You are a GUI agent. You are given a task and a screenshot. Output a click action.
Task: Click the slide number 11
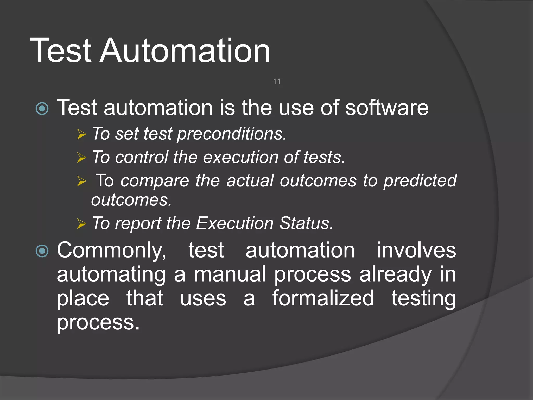(x=277, y=82)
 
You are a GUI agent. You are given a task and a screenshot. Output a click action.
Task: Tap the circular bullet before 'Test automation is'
(x=42, y=109)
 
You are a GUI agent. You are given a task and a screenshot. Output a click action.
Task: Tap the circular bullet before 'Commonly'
(x=42, y=251)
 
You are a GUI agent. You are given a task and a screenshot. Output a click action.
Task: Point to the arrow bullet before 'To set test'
(x=81, y=134)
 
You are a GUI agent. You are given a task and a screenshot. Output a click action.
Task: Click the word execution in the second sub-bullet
(x=241, y=157)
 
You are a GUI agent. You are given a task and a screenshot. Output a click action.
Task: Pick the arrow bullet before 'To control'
(x=81, y=158)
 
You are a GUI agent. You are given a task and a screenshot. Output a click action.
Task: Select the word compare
(x=155, y=181)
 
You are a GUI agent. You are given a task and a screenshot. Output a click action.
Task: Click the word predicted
(x=420, y=181)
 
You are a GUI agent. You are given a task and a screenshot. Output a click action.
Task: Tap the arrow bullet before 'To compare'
(x=81, y=181)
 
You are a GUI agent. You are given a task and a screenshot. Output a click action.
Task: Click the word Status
(x=306, y=223)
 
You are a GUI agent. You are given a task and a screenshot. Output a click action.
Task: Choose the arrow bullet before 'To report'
(x=81, y=224)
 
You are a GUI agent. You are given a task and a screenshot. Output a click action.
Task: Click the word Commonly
(x=111, y=251)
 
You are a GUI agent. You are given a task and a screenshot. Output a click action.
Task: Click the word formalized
(x=323, y=298)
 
